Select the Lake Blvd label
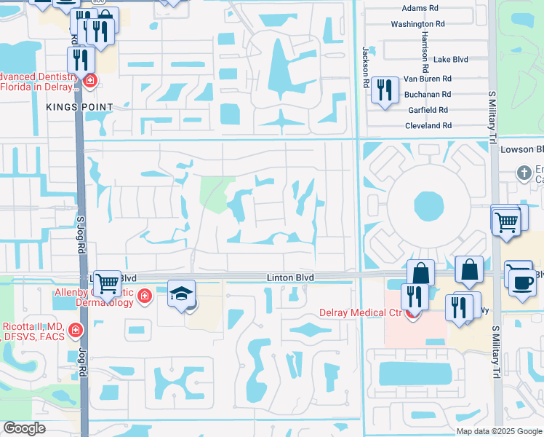450,59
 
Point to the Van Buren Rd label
428,78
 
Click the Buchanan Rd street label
428,95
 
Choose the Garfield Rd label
428,110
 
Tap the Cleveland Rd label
428,125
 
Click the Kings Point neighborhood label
80,107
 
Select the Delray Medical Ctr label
361,313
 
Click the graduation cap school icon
182,294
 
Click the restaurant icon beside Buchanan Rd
384,90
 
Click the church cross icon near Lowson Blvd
523,173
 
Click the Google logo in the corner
24,428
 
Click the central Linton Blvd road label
289,277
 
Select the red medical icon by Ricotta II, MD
74,331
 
